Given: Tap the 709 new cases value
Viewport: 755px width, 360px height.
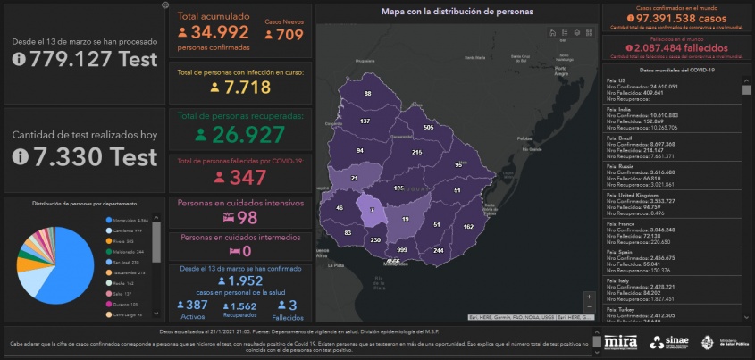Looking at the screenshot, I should coord(289,35).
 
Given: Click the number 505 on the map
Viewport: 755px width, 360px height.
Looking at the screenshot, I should coord(428,127).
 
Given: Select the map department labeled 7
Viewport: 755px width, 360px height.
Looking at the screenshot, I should coord(372,209).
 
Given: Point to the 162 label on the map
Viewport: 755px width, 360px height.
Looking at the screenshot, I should coord(468,227).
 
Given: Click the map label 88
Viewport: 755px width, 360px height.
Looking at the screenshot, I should coord(367,93).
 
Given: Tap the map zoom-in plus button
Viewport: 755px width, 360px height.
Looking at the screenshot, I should coord(588,296).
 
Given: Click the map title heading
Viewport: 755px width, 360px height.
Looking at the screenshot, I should coord(457,13).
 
